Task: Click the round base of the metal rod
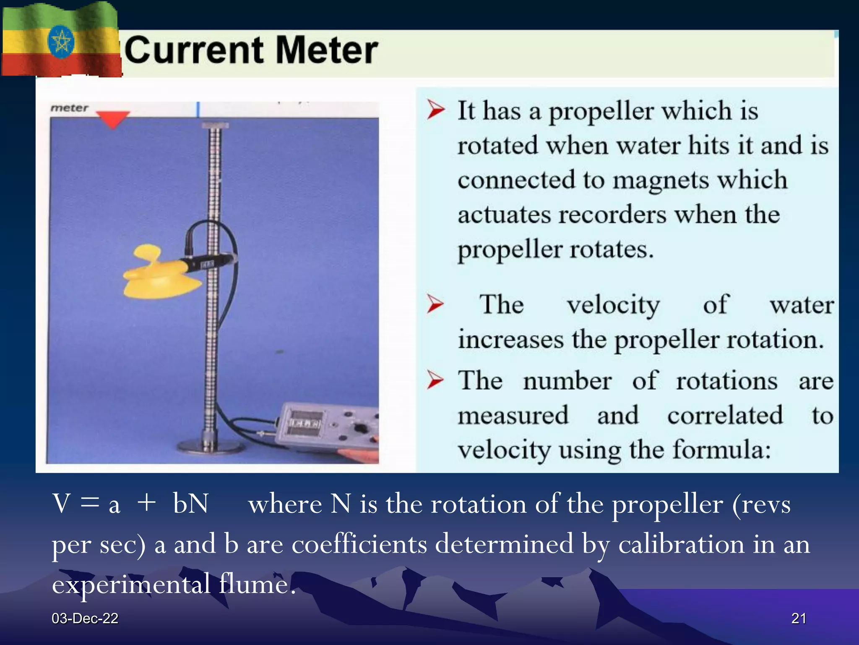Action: (210, 446)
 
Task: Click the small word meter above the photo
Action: (69, 108)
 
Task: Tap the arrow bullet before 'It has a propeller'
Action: (435, 110)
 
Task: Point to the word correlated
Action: (725, 415)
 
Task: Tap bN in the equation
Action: (190, 503)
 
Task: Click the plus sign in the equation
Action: (146, 503)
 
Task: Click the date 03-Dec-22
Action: (85, 618)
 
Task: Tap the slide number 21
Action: (798, 618)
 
